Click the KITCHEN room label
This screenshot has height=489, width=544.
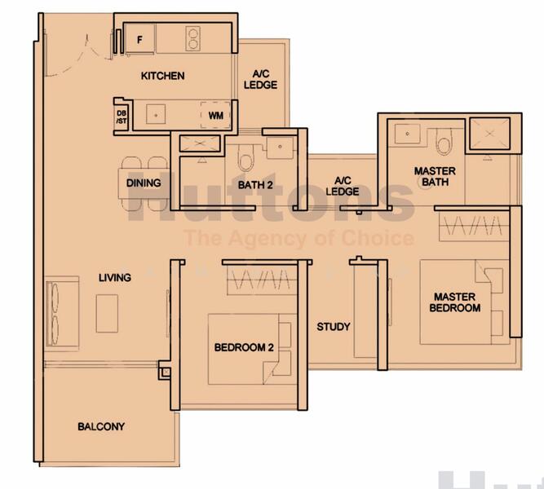coord(162,76)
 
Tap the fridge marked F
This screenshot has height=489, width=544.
coord(139,38)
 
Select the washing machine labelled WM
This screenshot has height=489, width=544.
coord(215,116)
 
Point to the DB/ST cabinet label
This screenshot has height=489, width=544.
coord(122,117)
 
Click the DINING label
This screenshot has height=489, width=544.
coord(144,183)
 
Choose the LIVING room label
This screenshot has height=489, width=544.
coord(115,278)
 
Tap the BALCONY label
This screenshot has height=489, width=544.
coord(101,426)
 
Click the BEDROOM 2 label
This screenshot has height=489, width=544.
coord(243,348)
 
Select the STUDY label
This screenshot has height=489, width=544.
coord(334,327)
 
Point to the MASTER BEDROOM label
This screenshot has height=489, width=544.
coord(457,302)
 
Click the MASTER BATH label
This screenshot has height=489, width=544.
coord(435,177)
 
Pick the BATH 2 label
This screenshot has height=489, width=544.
coord(255,185)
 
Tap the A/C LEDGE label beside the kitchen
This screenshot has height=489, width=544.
coord(261,79)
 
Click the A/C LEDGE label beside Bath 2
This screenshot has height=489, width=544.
coord(343,186)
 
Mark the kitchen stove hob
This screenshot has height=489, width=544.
coord(194,38)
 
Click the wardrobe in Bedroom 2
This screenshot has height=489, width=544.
coord(261,280)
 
